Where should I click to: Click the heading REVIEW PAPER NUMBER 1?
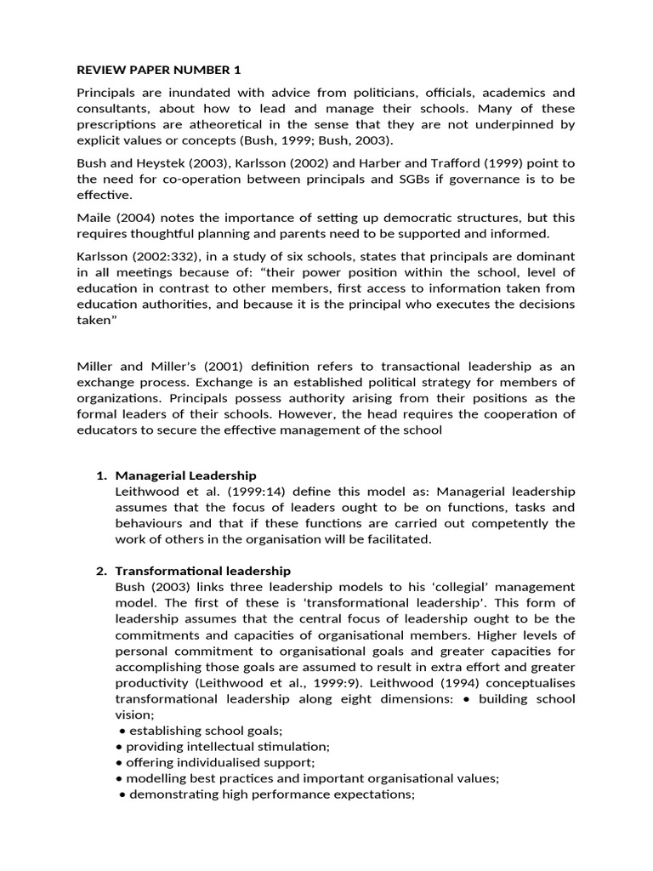click(x=152, y=69)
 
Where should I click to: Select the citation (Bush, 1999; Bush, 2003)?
click(x=317, y=140)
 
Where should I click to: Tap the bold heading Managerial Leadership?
click(x=185, y=475)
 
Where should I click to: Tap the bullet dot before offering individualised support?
click(x=119, y=763)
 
